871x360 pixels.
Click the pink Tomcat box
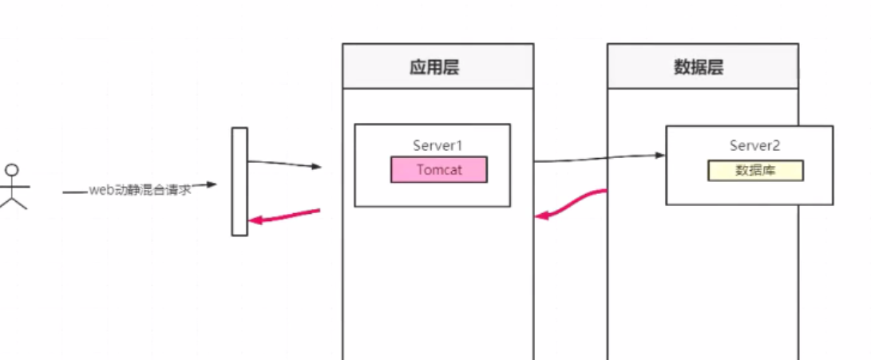[438, 169]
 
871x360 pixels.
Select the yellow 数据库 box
[755, 170]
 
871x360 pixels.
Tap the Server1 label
[437, 145]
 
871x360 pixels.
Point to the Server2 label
[755, 145]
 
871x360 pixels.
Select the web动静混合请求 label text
[140, 188]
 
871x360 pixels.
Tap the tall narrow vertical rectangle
[240, 181]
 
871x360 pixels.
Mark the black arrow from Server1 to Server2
[599, 158]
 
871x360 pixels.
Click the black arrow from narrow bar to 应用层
[283, 164]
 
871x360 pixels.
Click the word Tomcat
[438, 169]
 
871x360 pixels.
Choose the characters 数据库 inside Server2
[755, 170]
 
